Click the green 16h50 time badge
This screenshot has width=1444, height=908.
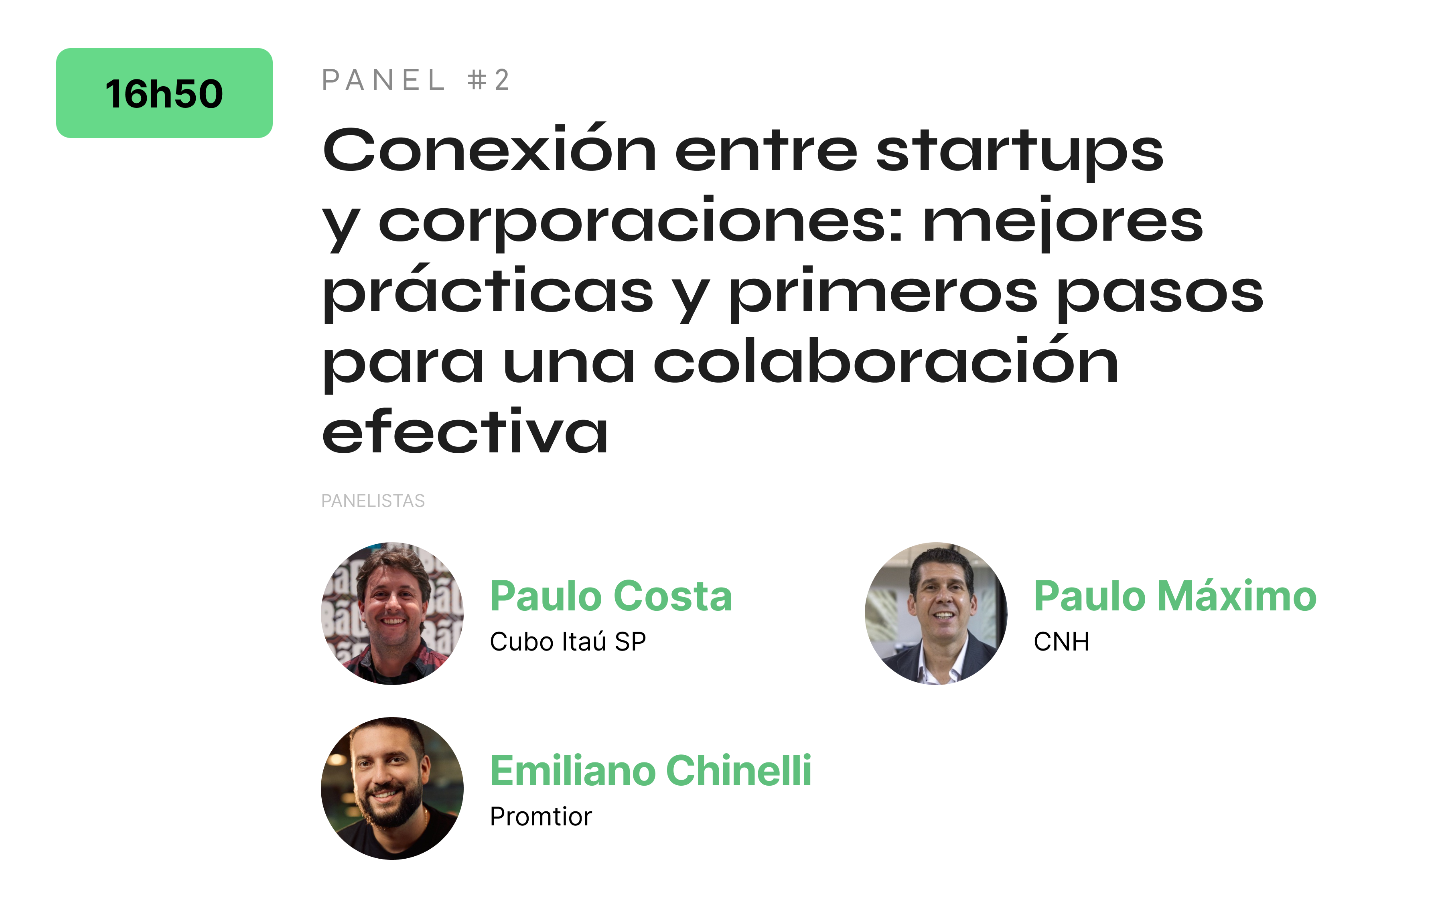click(164, 93)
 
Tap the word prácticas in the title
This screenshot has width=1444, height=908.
click(487, 293)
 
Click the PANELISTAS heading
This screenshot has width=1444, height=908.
click(373, 501)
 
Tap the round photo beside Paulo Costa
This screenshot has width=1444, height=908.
click(392, 614)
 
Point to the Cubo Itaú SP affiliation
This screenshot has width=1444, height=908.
click(568, 642)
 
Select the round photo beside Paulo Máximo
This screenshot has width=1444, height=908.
click(936, 614)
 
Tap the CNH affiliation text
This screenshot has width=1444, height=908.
click(1061, 642)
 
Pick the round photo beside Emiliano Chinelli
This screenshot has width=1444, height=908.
click(392, 788)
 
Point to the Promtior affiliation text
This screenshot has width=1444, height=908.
click(541, 816)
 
